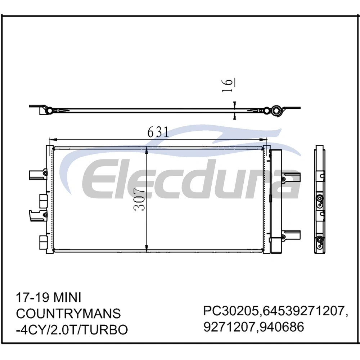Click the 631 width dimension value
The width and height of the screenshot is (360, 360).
158,132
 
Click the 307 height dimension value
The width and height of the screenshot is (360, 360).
139,199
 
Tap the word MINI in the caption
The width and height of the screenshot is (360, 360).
67,298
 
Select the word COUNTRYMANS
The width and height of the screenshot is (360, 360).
68,314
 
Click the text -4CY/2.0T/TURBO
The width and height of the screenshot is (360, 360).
72,330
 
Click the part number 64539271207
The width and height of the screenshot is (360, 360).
303,311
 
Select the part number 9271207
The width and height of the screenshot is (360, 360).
229,327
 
